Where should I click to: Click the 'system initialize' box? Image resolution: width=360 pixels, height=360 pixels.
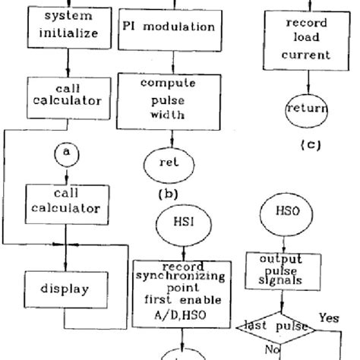(x=66, y=25)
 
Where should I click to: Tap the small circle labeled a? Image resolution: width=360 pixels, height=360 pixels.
(x=67, y=153)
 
